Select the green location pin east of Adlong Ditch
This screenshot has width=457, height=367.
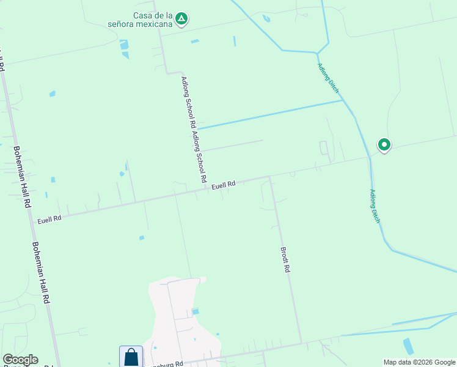384,145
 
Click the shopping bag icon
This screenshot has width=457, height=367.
131,357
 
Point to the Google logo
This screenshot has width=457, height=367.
20,360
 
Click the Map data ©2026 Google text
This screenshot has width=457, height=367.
419,362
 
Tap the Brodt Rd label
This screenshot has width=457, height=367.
285,259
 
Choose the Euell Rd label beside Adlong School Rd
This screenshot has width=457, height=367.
224,185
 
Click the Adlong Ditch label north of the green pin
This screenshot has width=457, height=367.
328,78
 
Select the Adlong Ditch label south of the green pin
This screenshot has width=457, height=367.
374,206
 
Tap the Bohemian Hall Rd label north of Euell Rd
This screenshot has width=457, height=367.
23,177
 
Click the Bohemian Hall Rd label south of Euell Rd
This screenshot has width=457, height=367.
41,273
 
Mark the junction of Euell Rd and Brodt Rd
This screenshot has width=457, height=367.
269,177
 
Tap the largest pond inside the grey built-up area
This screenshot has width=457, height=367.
195,312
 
